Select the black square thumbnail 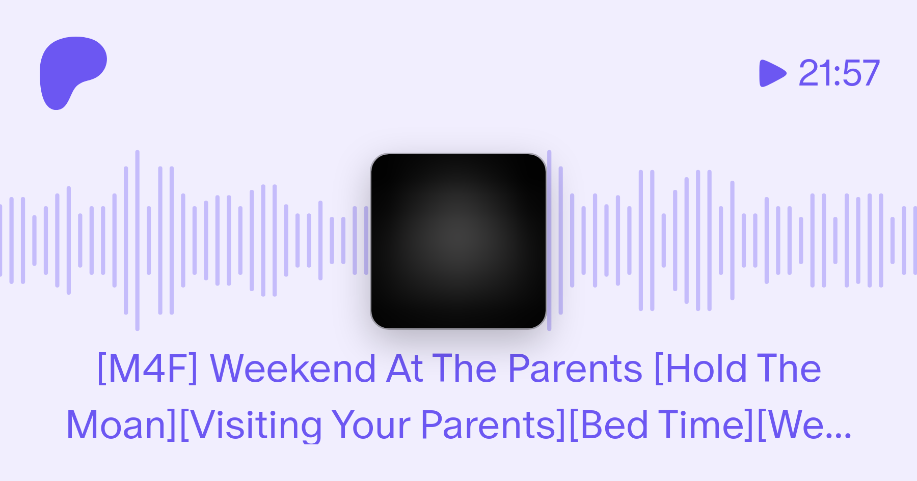pyautogui.click(x=459, y=241)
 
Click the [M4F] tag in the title pyautogui.click(x=147, y=369)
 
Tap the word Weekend pyautogui.click(x=293, y=368)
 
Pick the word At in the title pyautogui.click(x=404, y=368)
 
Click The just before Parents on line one pyautogui.click(x=465, y=368)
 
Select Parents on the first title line pyautogui.click(x=576, y=368)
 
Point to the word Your pyautogui.click(x=370, y=425)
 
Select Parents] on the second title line pyautogui.click(x=493, y=425)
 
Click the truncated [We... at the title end pyautogui.click(x=804, y=425)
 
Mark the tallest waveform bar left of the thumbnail pyautogui.click(x=137, y=240)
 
